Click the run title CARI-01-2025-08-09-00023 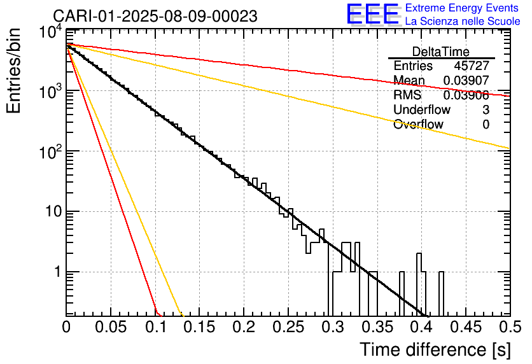coord(155,17)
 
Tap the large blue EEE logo coord(372,14)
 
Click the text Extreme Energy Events coord(462,8)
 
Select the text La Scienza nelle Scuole coord(463,21)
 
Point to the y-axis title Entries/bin coord(13,71)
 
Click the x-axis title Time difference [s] coord(435,349)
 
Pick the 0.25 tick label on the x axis coord(288,327)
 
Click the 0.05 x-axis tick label coord(111,327)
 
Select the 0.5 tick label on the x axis coord(510,327)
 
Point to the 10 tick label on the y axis coord(53,212)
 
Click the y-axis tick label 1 coord(58,272)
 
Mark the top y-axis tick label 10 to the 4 coord(51,32)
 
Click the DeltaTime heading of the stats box coord(441,52)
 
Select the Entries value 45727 coord(472,66)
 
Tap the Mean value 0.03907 coord(466,80)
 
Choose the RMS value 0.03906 coord(466,95)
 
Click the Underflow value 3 coord(486,109)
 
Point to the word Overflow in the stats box coord(418,124)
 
